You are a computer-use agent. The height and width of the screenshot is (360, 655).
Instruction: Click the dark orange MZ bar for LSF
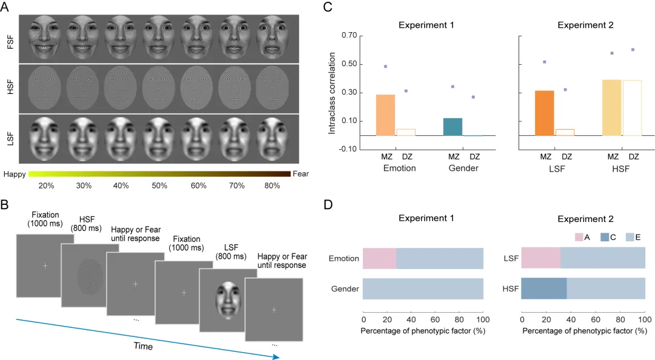[544, 113]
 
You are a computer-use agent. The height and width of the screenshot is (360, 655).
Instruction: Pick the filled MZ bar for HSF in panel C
[611, 107]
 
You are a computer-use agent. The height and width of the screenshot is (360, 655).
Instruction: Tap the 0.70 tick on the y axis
[348, 36]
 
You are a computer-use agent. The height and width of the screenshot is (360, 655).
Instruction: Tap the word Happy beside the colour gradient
[14, 174]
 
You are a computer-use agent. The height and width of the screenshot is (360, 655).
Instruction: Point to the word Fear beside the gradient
[301, 174]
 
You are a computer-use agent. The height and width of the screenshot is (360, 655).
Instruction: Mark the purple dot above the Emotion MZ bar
[385, 66]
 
